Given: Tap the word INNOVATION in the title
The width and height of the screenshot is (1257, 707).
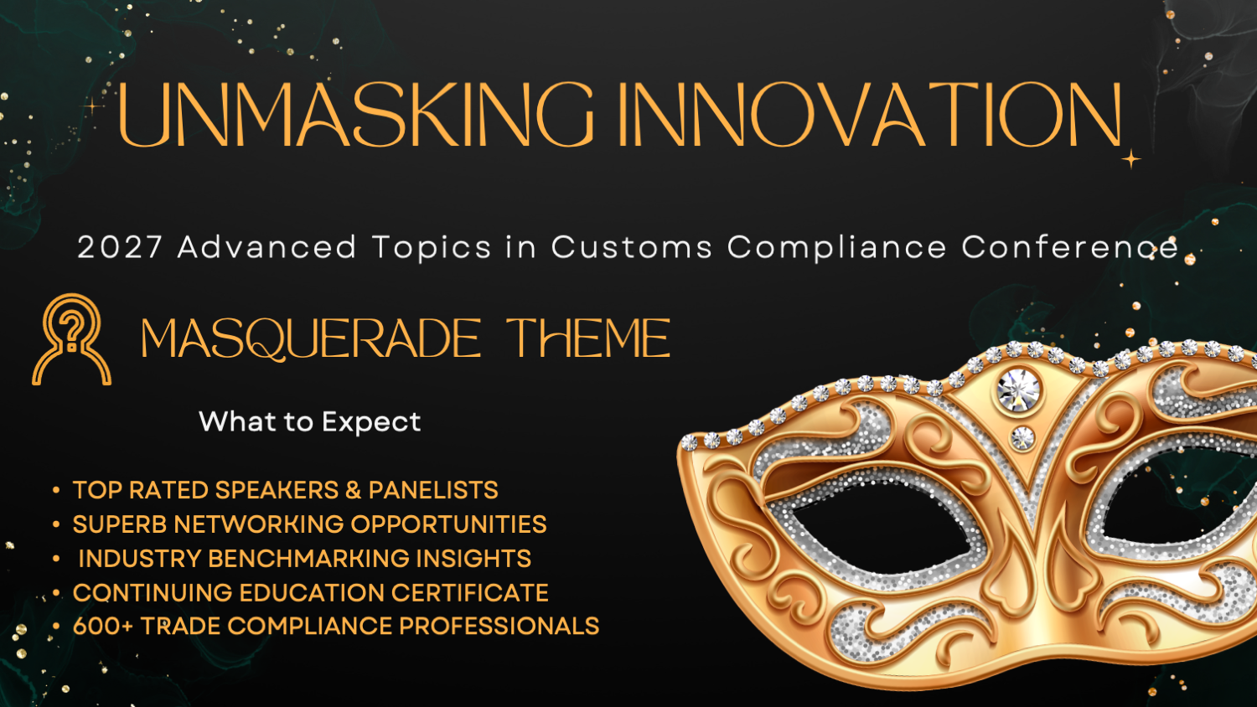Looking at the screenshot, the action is [870, 115].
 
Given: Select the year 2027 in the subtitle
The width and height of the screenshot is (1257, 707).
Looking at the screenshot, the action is [120, 247].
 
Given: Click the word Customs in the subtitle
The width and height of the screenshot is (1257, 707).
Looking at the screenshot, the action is [632, 247].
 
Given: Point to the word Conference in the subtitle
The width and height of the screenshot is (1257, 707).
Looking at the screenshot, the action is [1069, 247].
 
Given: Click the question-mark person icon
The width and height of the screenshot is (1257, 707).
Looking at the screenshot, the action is [71, 339].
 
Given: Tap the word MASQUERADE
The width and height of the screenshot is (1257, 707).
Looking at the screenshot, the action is [311, 339].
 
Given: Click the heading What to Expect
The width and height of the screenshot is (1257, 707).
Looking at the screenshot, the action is [310, 422].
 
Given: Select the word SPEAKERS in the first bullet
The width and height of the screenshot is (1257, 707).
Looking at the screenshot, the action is [277, 490].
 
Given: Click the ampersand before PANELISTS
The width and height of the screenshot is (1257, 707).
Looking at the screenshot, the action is [353, 490].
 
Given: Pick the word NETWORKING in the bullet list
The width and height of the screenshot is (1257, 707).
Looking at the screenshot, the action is [258, 524].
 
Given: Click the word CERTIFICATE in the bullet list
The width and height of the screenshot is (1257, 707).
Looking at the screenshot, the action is [469, 593].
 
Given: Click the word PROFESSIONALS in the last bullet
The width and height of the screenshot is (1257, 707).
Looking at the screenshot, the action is [499, 627].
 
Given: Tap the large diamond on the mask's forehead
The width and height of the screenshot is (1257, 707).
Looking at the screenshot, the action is [1018, 390].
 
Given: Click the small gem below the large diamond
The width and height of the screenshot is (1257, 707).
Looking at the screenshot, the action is [1022, 437].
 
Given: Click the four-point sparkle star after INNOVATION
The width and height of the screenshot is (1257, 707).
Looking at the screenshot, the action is [1131, 159].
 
